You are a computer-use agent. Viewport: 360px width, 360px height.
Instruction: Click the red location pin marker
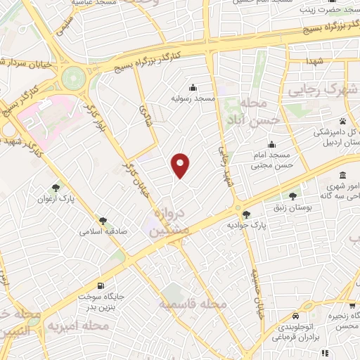(x=181, y=165)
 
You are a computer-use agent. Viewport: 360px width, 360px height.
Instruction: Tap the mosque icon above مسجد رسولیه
(x=193, y=87)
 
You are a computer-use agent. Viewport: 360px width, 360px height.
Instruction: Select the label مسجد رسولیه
(x=193, y=98)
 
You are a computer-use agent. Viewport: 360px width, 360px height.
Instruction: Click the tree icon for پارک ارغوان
(x=56, y=187)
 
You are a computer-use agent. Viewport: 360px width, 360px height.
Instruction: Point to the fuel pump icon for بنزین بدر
(x=102, y=285)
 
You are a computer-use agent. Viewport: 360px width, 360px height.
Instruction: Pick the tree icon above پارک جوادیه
(x=245, y=214)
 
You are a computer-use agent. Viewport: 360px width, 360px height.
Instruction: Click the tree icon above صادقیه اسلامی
(x=103, y=221)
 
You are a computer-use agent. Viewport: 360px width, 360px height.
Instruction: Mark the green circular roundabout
(x=72, y=77)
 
